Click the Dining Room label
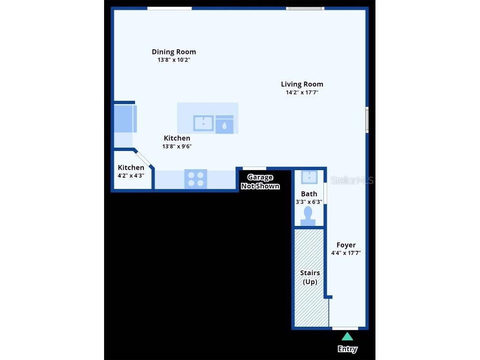pos(174,52)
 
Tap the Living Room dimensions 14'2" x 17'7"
pos(302,92)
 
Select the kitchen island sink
pos(203,124)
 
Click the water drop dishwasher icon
pos(225,125)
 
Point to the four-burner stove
pos(195,179)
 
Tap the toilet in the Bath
pos(308,216)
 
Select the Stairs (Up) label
pos(310,277)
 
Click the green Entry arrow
pos(347,336)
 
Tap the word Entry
pos(347,349)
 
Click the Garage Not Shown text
pos(260,181)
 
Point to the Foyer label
pos(346,245)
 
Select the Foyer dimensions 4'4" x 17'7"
pos(346,253)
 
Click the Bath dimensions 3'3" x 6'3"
pos(309,202)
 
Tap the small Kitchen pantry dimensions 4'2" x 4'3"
pos(131,176)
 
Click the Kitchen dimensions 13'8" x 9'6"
pos(177,146)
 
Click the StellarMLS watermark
pos(352,180)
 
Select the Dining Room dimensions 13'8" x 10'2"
pos(174,60)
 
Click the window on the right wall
pos(367,120)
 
